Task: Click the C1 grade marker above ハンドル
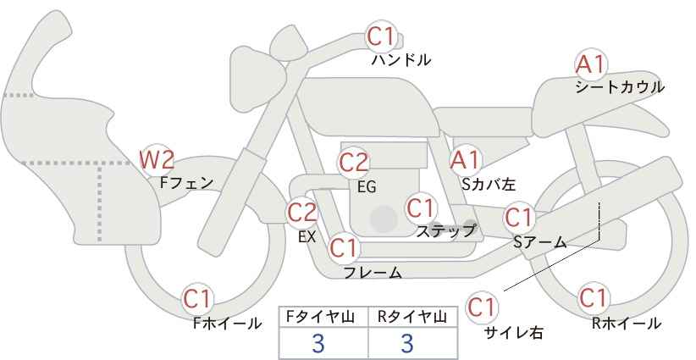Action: (381, 36)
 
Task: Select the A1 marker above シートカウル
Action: (591, 65)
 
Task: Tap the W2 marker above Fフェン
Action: (157, 159)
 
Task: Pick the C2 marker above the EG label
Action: (353, 163)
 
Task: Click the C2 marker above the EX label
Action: (302, 212)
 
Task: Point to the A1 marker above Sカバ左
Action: (465, 160)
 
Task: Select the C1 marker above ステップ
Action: (421, 208)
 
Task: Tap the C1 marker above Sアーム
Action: (519, 218)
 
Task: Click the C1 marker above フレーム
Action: (344, 247)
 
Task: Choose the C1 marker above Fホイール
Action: (198, 299)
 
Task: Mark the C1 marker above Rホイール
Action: (594, 298)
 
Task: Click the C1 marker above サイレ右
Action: (482, 307)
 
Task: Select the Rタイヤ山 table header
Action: (412, 317)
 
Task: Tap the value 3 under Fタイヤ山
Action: (318, 343)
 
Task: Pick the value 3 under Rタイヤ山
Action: (407, 343)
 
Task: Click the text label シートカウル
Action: (620, 86)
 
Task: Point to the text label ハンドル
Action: (401, 59)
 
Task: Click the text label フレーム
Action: (373, 272)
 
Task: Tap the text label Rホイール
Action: (627, 324)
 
